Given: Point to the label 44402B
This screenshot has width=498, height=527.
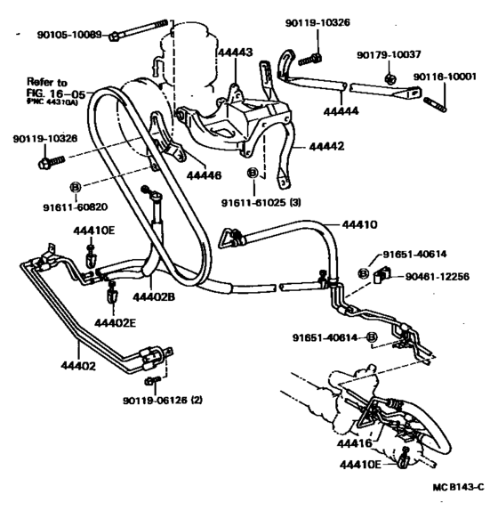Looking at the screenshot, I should (157, 296).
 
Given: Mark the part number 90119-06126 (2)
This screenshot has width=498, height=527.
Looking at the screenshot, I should (162, 400).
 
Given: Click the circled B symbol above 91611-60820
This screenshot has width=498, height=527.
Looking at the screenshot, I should (76, 187).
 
